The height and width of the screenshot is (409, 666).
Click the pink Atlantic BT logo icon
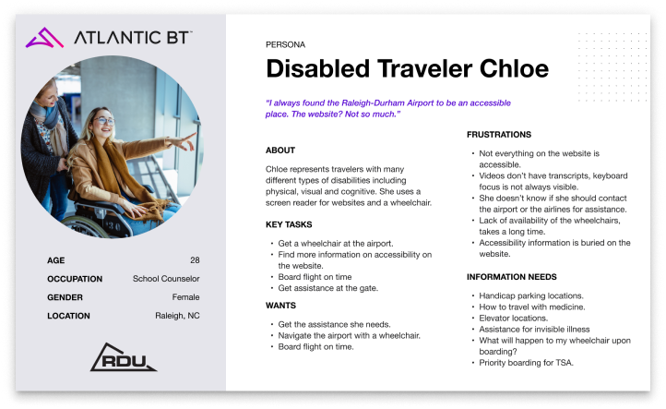coord(44,38)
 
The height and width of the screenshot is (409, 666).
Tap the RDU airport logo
coord(124,357)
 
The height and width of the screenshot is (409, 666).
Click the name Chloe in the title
coord(514,68)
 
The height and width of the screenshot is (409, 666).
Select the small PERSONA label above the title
coord(285,44)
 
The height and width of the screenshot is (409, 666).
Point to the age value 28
coord(195,260)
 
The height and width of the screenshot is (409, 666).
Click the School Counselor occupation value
coord(166,279)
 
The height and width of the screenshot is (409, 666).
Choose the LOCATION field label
coord(68,316)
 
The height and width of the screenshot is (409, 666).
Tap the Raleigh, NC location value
coord(177,316)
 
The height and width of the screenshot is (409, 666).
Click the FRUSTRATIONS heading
coord(499,135)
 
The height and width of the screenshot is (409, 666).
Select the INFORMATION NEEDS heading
coord(512,277)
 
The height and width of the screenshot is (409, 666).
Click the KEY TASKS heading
coord(289,224)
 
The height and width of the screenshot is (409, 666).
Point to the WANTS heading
coord(280,306)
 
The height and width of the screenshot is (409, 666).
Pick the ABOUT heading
coord(280,150)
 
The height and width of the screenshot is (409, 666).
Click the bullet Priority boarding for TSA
coord(527,363)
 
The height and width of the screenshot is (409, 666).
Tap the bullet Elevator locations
coord(514,318)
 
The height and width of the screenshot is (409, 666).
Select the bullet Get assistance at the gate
coord(327,288)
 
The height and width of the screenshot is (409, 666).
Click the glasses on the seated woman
coord(103,121)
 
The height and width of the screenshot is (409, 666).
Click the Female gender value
coord(185,297)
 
